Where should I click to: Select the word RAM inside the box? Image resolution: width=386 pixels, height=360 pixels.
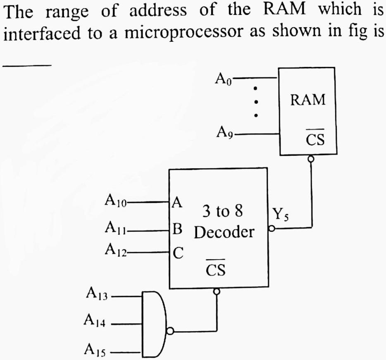(307, 100)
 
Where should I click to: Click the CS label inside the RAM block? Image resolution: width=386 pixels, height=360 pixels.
(315, 140)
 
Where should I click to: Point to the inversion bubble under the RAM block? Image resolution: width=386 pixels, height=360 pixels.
(311, 158)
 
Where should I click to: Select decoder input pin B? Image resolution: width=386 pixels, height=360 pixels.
(177, 228)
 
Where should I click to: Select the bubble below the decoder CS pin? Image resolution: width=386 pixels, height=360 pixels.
(215, 292)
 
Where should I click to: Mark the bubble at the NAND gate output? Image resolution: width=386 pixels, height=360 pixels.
(170, 331)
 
